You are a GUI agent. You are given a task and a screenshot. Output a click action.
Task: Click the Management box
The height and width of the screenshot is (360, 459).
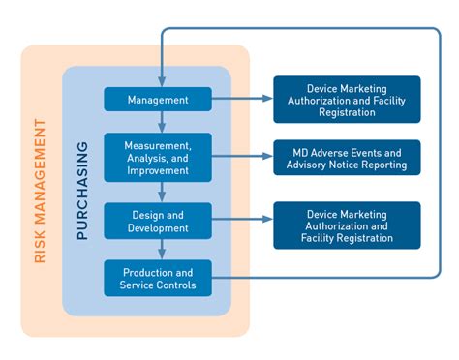coord(158,99)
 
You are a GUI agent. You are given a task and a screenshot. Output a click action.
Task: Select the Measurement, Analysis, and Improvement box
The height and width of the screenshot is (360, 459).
coord(158,157)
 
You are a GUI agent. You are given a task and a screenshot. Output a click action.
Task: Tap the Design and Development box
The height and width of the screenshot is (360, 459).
coord(158,221)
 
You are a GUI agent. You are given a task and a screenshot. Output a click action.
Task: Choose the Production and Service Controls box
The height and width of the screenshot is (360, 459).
coord(158,279)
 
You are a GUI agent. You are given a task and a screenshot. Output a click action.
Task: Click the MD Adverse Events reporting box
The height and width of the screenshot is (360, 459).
coord(347,158)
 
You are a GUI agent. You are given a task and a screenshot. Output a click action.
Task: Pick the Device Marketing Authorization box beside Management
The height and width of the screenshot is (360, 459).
coord(347,100)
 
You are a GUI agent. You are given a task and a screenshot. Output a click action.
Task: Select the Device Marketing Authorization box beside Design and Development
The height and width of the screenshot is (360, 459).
coord(347,225)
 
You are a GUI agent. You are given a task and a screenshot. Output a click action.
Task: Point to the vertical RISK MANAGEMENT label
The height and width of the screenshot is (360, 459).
coord(40,191)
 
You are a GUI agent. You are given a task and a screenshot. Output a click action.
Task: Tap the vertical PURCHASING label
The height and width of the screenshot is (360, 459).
coord(82,191)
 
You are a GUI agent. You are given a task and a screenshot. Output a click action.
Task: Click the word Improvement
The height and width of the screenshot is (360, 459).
coord(158,169)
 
